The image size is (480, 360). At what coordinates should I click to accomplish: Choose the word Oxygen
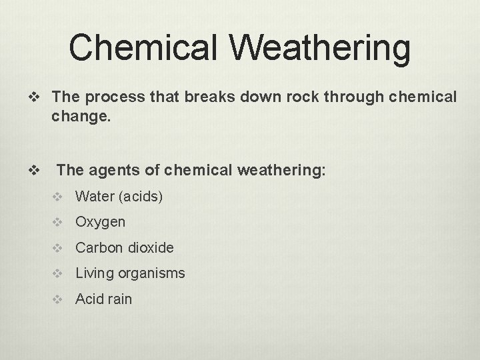(100, 222)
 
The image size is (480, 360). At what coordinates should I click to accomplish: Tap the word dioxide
(151, 247)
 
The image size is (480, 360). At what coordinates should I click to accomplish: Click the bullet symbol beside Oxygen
(59, 222)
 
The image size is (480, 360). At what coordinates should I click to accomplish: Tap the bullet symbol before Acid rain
(59, 299)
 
